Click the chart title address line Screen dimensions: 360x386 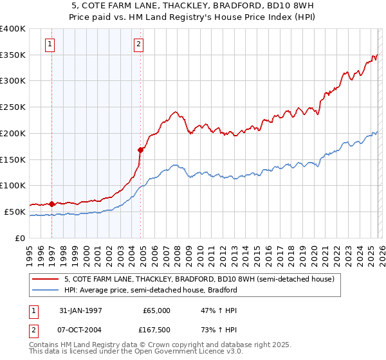click(x=193, y=6)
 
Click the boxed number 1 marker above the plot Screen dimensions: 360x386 click(x=50, y=44)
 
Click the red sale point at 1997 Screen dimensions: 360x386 click(x=52, y=204)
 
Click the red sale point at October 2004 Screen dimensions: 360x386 click(x=140, y=150)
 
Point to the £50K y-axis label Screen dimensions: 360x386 click(x=15, y=212)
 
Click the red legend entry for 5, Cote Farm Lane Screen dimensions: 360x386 click(x=199, y=280)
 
